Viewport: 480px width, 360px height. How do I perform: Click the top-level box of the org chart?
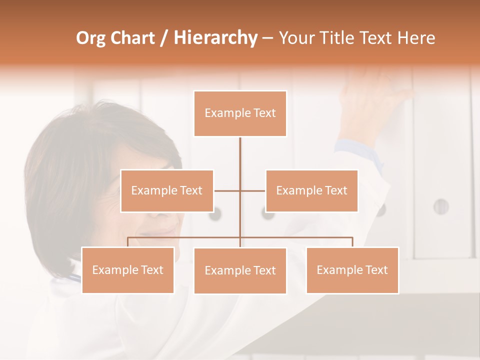pyautogui.click(x=240, y=113)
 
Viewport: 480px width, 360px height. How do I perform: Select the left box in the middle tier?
pyautogui.click(x=167, y=190)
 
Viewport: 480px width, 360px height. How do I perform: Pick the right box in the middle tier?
pyautogui.click(x=311, y=190)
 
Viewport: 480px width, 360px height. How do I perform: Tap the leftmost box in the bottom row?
pyautogui.click(x=128, y=270)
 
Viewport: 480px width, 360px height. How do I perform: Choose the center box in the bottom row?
pyautogui.click(x=240, y=270)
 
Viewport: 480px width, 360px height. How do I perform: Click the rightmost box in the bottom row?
pyautogui.click(x=352, y=270)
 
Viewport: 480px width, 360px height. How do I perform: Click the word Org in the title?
pyautogui.click(x=92, y=38)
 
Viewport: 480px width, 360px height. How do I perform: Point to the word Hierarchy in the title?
pyautogui.click(x=215, y=38)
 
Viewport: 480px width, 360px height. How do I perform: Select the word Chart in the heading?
pyautogui.click(x=133, y=38)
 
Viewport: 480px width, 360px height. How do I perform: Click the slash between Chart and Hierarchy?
pyautogui.click(x=163, y=38)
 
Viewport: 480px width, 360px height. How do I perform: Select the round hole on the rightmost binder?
pyautogui.click(x=440, y=206)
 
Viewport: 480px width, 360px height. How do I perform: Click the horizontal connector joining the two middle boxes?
pyautogui.click(x=240, y=190)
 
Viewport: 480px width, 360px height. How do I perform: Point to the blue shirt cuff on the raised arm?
pyautogui.click(x=352, y=147)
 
